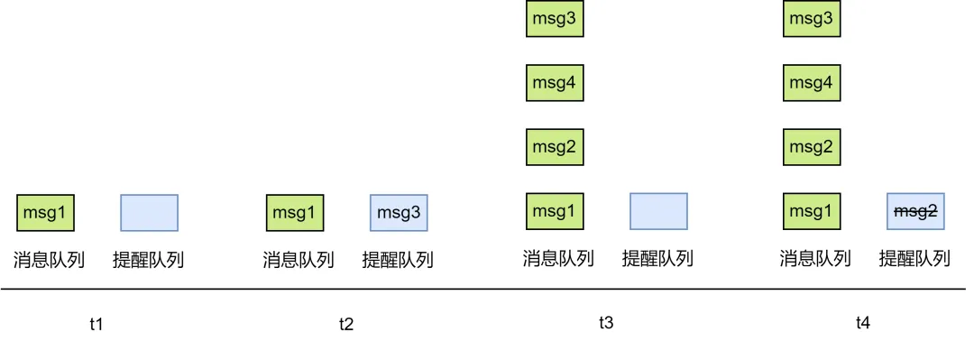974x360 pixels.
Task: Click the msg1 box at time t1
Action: [45, 213]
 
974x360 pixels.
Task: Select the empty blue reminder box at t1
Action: [149, 213]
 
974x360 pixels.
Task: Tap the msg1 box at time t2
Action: [295, 213]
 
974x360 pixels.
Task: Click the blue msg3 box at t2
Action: [399, 213]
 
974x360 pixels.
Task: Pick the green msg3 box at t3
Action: [555, 19]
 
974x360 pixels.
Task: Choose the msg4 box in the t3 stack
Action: [555, 83]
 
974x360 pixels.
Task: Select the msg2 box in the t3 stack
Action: [555, 146]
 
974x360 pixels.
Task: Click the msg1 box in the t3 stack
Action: [555, 211]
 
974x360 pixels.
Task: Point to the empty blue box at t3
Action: [658, 211]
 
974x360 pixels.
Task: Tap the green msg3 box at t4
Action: [812, 19]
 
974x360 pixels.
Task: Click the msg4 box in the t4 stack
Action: [812, 83]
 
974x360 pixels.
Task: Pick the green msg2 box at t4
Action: [812, 146]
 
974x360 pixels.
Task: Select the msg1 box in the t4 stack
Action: [812, 211]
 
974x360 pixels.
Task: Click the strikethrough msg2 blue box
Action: [915, 211]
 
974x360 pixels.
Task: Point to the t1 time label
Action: [96, 324]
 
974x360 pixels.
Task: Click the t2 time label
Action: [346, 324]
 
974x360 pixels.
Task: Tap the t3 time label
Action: [606, 322]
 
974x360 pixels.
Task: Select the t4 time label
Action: [863, 322]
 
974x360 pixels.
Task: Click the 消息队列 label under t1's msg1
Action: [49, 261]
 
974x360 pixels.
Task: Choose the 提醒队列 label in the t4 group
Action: [914, 259]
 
